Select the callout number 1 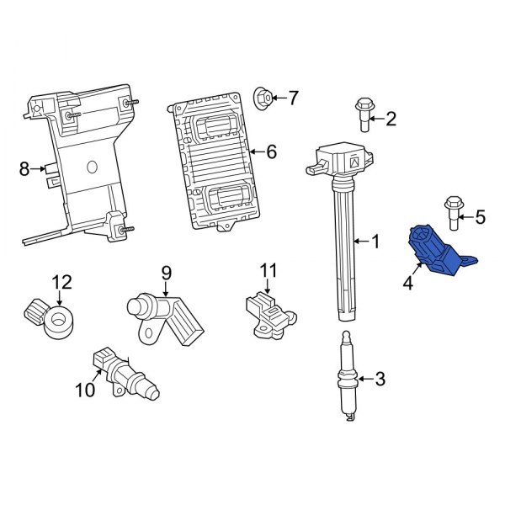click(375, 242)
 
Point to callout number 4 click(407, 284)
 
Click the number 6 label click(271, 152)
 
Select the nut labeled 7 click(262, 98)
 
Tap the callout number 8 click(24, 170)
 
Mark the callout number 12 click(63, 281)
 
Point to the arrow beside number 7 click(279, 98)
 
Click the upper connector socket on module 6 click(214, 125)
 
